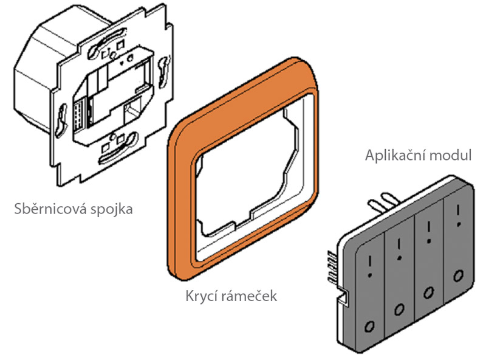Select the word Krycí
tap(202, 296)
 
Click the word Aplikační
tap(395, 156)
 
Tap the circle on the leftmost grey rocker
tap(369, 326)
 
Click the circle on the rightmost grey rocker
tap(459, 275)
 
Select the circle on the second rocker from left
tap(399, 309)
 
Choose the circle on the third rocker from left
tap(429, 292)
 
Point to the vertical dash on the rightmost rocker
tap(458, 211)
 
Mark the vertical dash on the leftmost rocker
tap(370, 261)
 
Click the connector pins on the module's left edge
tap(332, 268)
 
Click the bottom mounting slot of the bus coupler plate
tap(118, 148)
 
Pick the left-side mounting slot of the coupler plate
tap(61, 120)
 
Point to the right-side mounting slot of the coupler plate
tap(164, 72)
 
